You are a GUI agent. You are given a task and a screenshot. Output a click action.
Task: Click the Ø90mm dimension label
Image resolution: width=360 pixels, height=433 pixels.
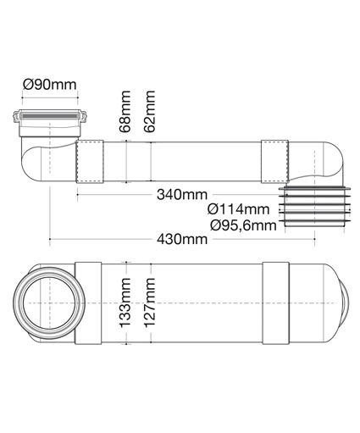(50, 85)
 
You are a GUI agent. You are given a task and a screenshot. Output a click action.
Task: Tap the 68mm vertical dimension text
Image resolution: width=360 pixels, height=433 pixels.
(125, 111)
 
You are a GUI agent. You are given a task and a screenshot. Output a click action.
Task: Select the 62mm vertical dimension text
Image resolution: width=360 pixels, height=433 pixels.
(149, 111)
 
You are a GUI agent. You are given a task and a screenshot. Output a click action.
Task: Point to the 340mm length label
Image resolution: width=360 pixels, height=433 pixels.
(182, 195)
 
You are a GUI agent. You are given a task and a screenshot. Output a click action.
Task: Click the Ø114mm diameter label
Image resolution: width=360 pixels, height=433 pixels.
(238, 209)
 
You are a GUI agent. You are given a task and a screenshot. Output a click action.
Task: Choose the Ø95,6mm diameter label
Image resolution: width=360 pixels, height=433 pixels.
(243, 225)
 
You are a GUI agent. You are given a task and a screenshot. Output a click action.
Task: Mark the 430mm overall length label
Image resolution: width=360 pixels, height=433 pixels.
(182, 239)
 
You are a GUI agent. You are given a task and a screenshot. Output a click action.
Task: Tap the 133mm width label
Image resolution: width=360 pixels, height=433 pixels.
(125, 303)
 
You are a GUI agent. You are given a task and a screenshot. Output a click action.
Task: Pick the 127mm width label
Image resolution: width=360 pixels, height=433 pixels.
(150, 303)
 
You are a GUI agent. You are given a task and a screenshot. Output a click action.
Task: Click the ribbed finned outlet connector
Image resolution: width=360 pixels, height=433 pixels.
(314, 207)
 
